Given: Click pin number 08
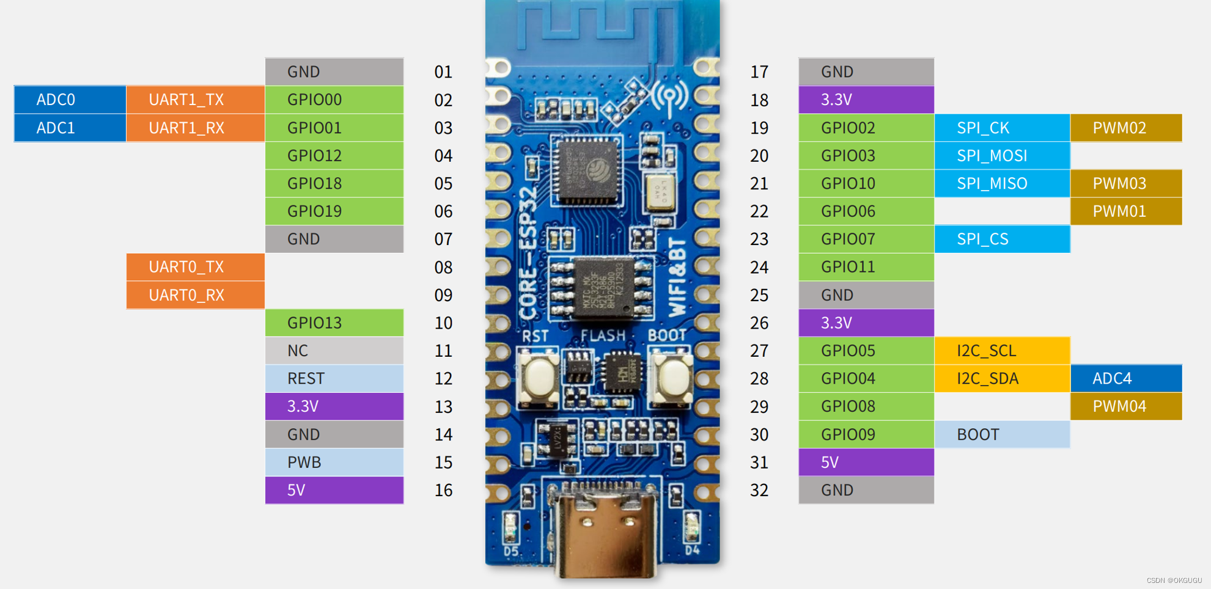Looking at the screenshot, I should pos(443,268).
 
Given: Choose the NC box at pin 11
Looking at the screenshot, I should pos(334,351).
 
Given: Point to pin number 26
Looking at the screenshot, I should pos(759,323).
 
